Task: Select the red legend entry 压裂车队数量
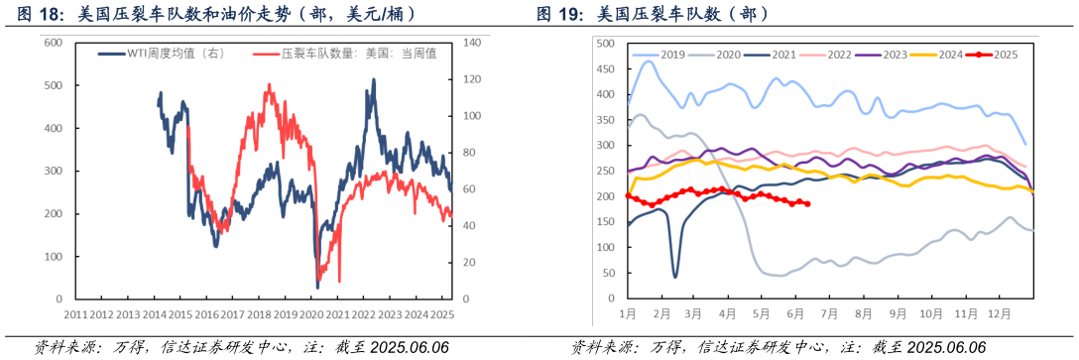(x=337, y=55)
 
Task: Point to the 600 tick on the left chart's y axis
(x=55, y=43)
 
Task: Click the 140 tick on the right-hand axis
(x=472, y=43)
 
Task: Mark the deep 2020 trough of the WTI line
(x=317, y=287)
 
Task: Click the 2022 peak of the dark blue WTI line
(x=373, y=80)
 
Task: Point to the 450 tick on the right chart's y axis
(x=606, y=68)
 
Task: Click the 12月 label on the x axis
(x=999, y=313)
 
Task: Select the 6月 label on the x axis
(x=795, y=313)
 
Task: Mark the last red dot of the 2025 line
(x=807, y=204)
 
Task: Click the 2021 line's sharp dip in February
(x=675, y=276)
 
